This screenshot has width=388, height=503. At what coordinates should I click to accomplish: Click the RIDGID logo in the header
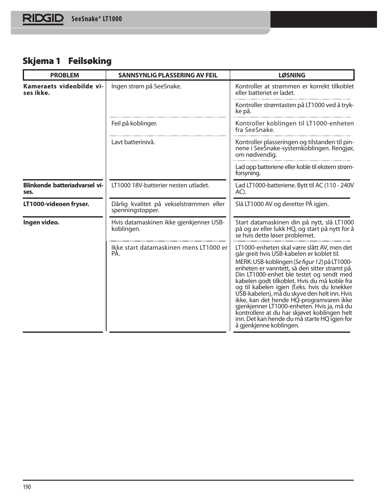pos(43,19)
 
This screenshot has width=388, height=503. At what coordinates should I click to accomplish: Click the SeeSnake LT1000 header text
pos(96,19)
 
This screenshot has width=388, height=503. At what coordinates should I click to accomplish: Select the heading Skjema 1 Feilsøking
pos(67,61)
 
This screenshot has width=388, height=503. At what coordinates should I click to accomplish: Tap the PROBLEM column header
pos(64,75)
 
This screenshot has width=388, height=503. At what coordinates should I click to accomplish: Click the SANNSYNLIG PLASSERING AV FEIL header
pos(168,75)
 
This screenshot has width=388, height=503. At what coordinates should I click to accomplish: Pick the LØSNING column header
pos(292,75)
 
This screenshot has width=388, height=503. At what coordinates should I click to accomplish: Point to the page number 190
pos(27,487)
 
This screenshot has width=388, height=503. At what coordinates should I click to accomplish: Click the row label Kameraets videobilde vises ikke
pos(63,90)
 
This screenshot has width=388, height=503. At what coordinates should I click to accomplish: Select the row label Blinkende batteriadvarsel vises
pos(63,189)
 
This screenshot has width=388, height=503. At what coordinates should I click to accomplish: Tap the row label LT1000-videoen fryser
pos(56,204)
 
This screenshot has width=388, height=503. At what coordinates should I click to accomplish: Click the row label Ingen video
pos(41,222)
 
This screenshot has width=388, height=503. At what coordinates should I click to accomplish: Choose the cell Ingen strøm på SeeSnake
pos(146,86)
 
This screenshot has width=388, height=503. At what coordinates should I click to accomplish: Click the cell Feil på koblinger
pos(134,123)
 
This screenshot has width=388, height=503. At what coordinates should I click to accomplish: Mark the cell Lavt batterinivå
pos(133,142)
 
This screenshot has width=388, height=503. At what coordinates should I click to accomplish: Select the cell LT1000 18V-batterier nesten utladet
pos(160,185)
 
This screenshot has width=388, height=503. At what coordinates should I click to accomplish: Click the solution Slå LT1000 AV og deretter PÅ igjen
pos(282,204)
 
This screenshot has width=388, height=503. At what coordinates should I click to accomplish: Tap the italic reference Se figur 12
pos(308,262)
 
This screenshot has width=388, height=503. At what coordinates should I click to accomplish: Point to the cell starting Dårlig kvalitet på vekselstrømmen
pos(168,207)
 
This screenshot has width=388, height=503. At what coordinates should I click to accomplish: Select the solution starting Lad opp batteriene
pos(294,170)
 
